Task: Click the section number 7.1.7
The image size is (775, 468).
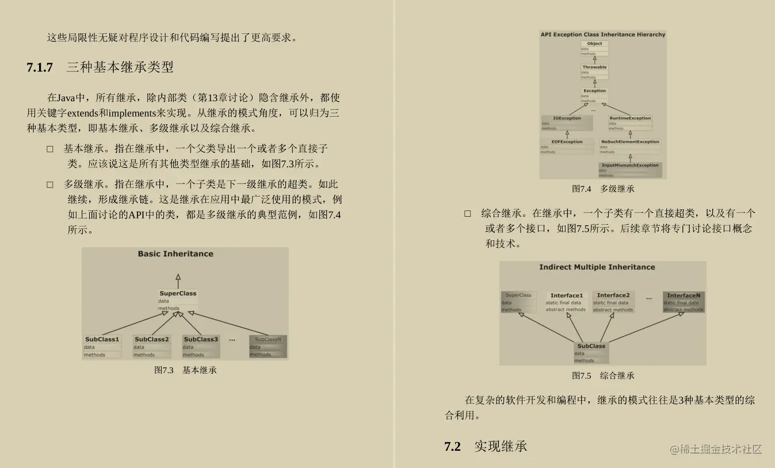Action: (40, 67)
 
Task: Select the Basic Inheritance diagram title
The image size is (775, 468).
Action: (175, 254)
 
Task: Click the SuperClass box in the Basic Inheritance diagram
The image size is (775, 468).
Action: (178, 300)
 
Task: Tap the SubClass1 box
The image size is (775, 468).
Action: (102, 347)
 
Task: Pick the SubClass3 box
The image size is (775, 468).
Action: (201, 347)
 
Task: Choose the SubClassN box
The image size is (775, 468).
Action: (268, 347)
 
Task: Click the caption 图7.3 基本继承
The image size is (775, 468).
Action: (185, 370)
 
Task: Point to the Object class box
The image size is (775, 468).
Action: (594, 48)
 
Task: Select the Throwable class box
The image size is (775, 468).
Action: (594, 72)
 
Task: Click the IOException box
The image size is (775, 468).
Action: (567, 123)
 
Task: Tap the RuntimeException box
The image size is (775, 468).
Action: (630, 123)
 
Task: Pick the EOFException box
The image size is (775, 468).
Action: (567, 147)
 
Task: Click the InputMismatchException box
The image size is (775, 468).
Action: (630, 170)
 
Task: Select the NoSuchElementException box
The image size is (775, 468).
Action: (630, 147)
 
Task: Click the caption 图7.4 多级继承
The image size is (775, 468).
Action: (602, 189)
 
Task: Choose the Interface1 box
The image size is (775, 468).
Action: (566, 302)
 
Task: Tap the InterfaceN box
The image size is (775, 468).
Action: (684, 302)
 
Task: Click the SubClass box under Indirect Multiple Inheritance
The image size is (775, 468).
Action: (591, 353)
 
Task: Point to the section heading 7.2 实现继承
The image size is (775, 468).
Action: (486, 446)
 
